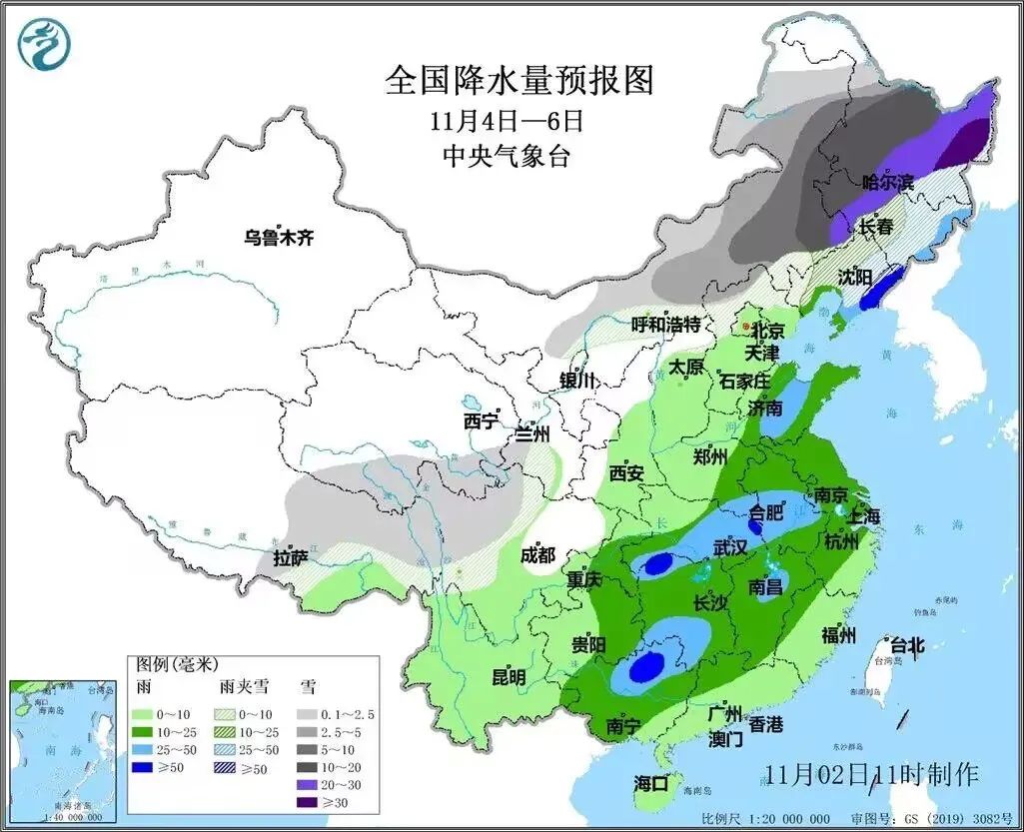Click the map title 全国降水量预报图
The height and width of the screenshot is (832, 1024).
(x=519, y=81)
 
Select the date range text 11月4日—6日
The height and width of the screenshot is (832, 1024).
(x=506, y=121)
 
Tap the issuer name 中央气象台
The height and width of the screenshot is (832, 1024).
(x=510, y=155)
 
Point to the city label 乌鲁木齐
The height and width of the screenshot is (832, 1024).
(x=280, y=238)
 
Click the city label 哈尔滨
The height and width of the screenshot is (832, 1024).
(x=887, y=183)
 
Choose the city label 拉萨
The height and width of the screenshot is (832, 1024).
(x=291, y=558)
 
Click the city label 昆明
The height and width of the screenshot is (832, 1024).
(x=509, y=677)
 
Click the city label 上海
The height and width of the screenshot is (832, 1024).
(x=861, y=516)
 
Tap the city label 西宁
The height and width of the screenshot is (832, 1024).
(x=481, y=420)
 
